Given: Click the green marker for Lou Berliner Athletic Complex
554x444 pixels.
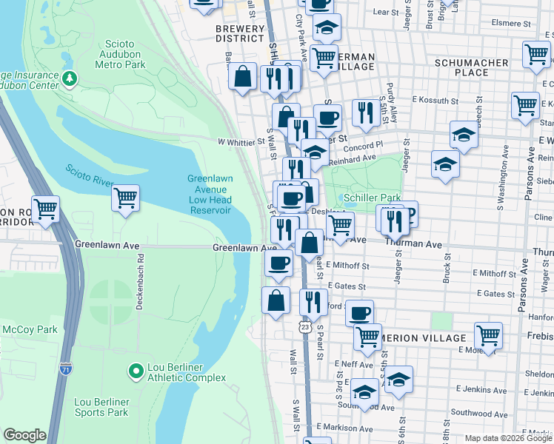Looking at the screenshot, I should click(136, 369).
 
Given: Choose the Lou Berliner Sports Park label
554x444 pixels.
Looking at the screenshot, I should click(102, 406).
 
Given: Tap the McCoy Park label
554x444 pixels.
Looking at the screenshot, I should click(30, 329).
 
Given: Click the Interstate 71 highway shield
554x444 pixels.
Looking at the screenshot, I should click(67, 368).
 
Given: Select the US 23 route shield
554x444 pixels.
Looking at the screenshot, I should click(304, 326).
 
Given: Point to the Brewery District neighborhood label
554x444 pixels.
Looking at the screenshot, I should click(239, 33).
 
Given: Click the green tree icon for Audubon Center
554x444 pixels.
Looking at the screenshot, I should click(70, 78).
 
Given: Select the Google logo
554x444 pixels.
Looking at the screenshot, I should click(24, 435).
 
